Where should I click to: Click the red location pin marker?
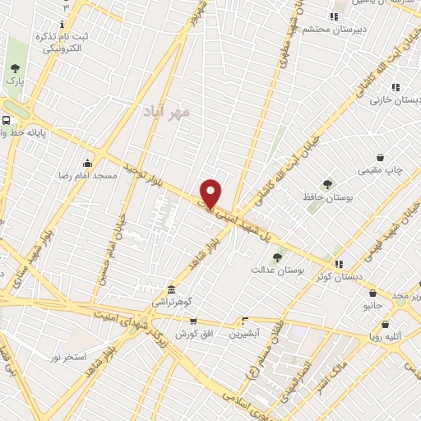coord(211,193)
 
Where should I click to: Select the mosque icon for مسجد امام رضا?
coord(88,163)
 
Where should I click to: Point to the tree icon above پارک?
coord(14,68)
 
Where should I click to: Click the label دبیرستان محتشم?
coord(329,29)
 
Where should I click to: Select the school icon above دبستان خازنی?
coord(396,87)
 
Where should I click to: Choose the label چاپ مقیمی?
coord(380,169)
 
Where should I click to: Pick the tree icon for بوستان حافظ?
coord(327,184)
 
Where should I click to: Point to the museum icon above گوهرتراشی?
coord(170,290)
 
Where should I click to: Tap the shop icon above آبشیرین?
coord(244,322)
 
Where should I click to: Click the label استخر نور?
coord(67,357)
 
